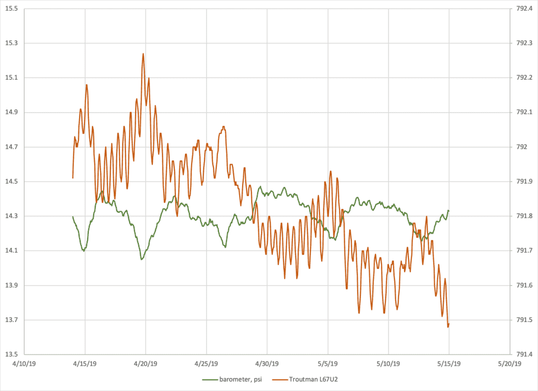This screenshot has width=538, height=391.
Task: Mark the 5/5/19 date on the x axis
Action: click(328, 364)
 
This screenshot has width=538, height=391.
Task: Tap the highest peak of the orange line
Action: click(143, 53)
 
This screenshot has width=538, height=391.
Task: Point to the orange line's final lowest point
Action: click(448, 326)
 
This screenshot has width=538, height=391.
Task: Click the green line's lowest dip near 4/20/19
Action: click(141, 260)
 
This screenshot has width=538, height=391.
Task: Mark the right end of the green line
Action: click(449, 211)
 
